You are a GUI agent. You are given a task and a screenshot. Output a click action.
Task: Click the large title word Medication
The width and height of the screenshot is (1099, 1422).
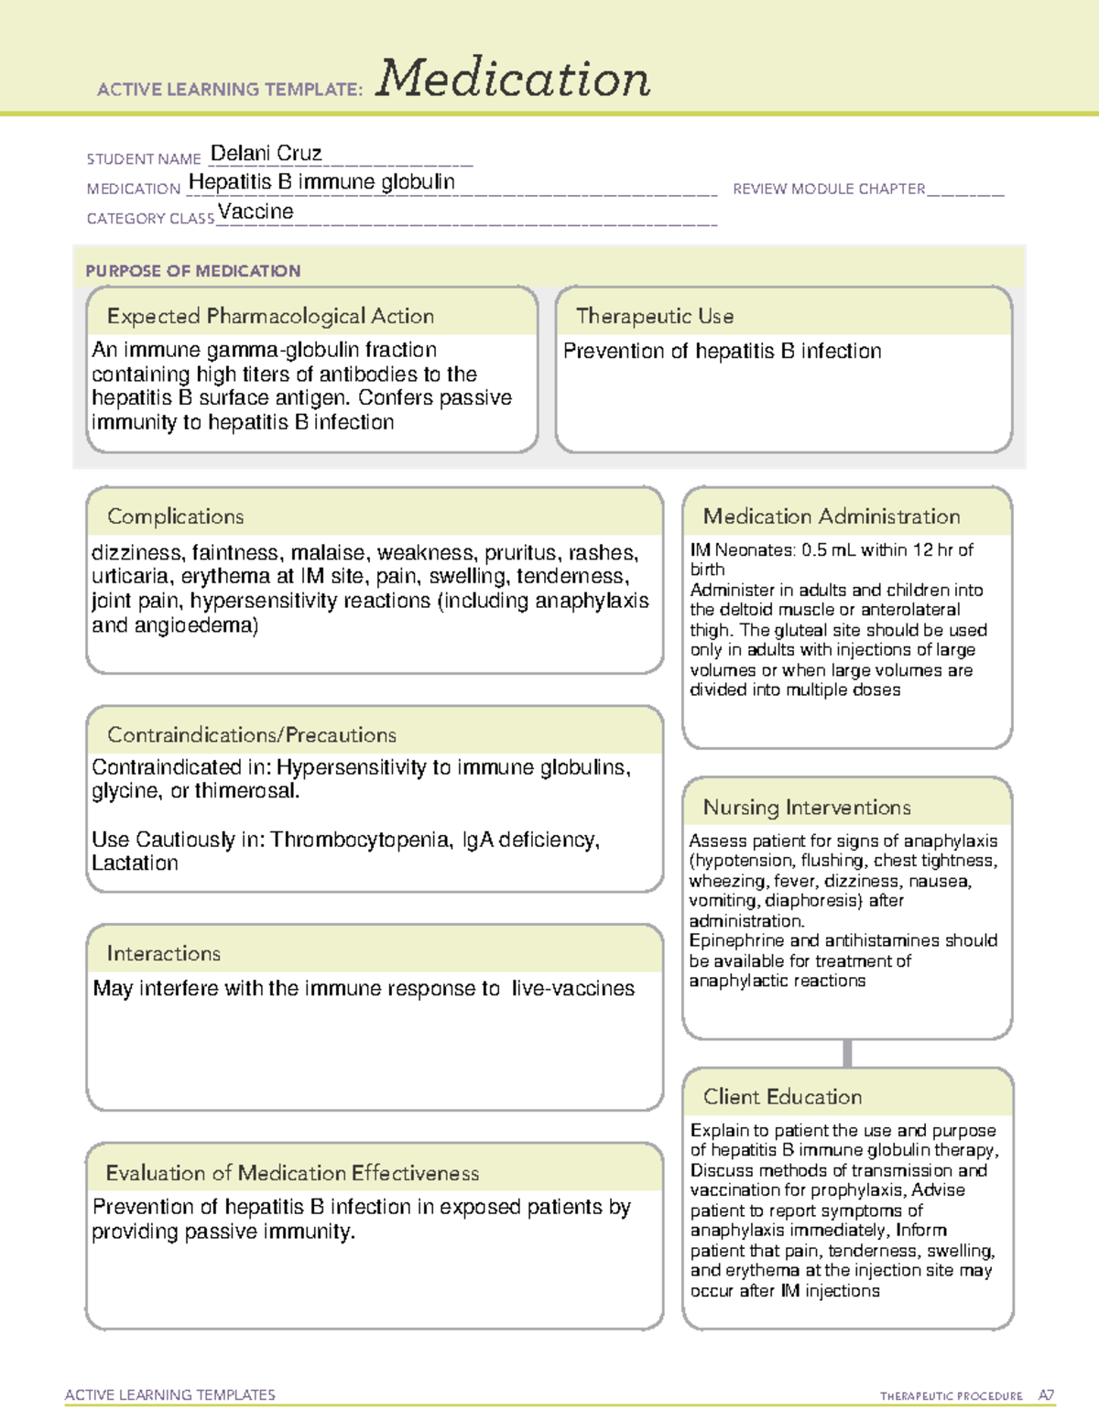513,79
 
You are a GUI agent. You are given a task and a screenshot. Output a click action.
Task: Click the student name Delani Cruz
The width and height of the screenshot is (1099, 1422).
266,153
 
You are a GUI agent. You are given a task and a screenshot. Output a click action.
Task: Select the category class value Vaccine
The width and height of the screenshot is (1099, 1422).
256,212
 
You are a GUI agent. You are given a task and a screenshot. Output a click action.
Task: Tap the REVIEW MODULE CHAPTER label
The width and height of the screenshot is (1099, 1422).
829,189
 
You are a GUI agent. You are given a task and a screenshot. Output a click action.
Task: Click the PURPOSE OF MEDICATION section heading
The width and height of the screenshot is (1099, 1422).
193,271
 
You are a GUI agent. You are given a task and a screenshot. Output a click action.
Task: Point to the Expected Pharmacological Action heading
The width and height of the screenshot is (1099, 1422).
270,316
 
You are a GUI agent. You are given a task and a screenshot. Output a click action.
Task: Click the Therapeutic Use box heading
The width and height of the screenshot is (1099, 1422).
654,316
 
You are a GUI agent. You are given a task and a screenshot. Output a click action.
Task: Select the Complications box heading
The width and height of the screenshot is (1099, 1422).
175,516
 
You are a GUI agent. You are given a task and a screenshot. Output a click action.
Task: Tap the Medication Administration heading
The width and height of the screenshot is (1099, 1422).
831,516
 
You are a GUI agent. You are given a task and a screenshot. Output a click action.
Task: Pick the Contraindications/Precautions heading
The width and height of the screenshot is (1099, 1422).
252,734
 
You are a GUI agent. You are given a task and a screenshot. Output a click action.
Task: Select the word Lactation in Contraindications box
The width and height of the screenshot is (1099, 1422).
135,863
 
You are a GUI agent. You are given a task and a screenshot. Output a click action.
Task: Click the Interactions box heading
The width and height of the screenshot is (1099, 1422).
163,953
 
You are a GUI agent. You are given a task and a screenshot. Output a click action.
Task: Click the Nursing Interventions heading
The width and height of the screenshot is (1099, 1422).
806,808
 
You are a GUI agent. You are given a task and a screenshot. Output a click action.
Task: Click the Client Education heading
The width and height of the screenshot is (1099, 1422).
782,1097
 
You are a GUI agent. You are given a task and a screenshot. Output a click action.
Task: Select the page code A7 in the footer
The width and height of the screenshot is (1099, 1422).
1045,1395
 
